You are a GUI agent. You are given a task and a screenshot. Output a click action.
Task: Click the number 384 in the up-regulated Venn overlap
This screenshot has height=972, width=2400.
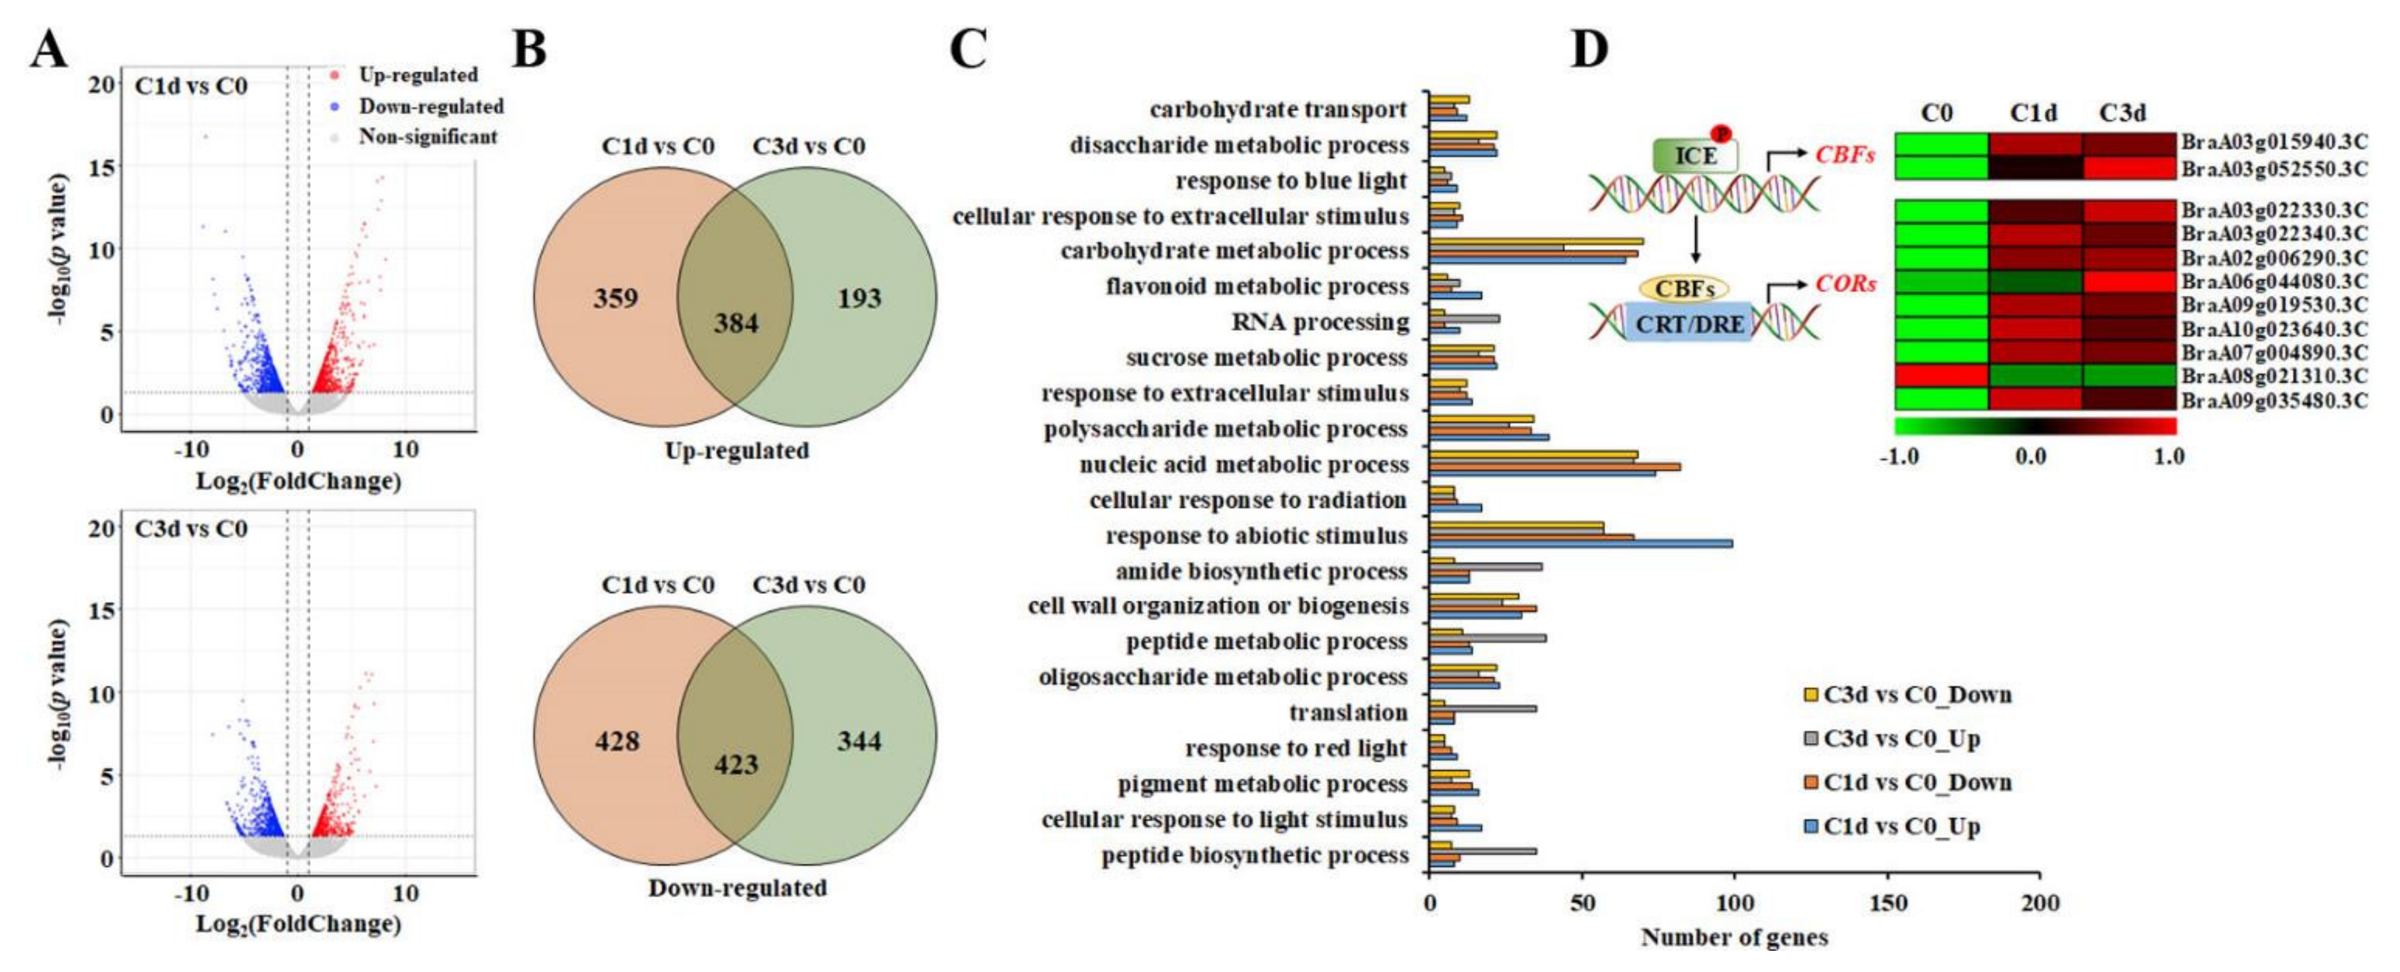[736, 324]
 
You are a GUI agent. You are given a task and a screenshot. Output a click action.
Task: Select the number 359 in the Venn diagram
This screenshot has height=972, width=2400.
[616, 298]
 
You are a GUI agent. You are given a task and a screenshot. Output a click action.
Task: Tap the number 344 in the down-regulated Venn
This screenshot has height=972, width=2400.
[858, 741]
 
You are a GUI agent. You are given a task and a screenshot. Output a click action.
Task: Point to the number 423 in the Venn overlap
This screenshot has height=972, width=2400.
[736, 765]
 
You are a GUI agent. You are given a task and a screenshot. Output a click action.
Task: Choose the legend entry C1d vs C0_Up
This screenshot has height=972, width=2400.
[1901, 827]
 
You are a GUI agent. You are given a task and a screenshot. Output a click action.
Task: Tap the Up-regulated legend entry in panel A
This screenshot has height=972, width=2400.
[418, 75]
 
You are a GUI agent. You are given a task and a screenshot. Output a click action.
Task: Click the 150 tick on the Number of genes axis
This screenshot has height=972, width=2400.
[1888, 902]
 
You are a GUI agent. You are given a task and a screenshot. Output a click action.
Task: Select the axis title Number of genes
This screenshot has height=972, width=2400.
[1734, 937]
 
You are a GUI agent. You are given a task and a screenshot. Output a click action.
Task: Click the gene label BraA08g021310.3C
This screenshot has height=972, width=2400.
[2274, 376]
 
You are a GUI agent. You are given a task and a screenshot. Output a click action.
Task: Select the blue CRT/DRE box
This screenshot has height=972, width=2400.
[1689, 324]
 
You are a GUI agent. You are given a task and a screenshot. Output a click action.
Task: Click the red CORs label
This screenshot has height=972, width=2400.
[1845, 284]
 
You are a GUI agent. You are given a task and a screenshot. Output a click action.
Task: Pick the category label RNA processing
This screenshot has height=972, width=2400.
[1320, 322]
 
